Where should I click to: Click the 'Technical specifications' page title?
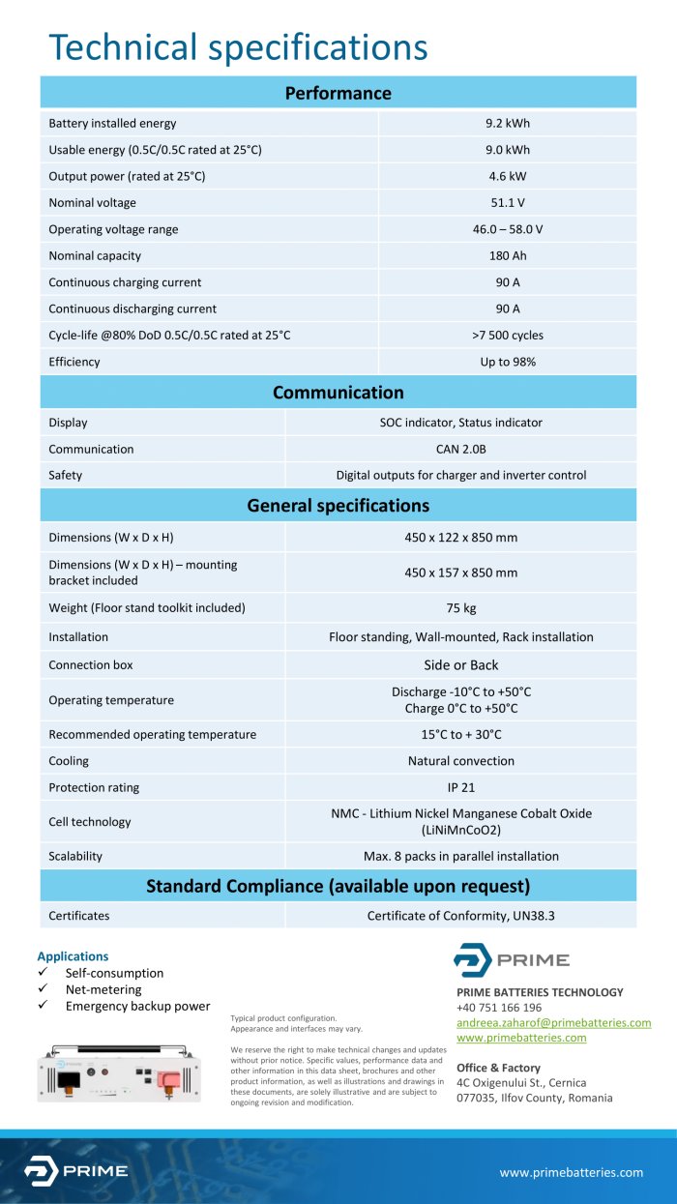tap(238, 47)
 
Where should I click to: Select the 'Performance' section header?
tap(338, 94)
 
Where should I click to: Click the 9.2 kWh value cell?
tap(508, 124)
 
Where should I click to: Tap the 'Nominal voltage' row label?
tap(93, 203)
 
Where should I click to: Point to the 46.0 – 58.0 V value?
tap(508, 230)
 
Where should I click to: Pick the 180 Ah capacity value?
tap(508, 256)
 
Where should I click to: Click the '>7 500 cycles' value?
tap(508, 336)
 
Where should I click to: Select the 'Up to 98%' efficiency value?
tap(508, 362)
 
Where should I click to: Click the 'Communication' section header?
tap(338, 393)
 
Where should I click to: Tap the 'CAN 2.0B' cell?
tap(460, 450)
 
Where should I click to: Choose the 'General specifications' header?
tap(338, 506)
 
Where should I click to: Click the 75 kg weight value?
tap(460, 608)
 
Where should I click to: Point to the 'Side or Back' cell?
tap(460, 665)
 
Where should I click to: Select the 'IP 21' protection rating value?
tap(460, 788)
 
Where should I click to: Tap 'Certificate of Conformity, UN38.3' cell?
tap(460, 916)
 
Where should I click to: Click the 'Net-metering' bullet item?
tap(103, 989)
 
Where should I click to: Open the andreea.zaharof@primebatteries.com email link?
tap(553, 1023)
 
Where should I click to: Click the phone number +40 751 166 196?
tap(499, 1008)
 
